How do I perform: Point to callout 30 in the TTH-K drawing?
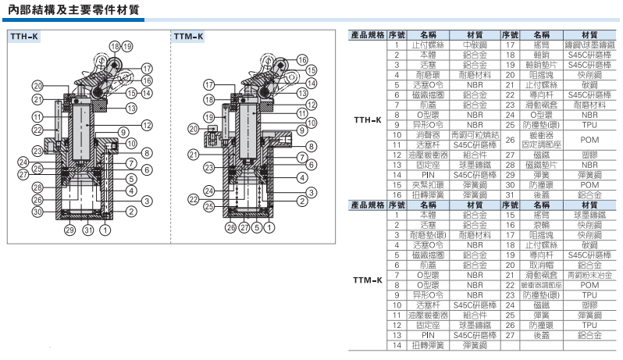pos(37,212)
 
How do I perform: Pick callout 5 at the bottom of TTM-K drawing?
pos(258,229)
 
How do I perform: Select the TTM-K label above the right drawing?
pos(188,37)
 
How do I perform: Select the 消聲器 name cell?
pos(428,134)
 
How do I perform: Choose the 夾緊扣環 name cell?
pos(428,184)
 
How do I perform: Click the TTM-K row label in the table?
pos(367,280)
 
